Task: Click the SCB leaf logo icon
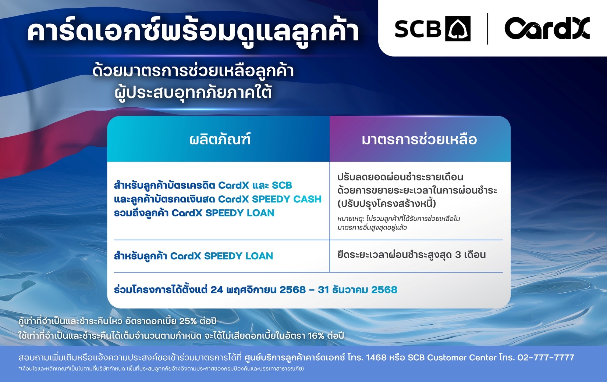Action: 458,29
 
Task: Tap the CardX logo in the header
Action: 547,28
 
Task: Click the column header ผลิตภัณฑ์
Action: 220,140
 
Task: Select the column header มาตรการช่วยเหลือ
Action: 419,140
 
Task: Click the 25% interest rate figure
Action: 188,321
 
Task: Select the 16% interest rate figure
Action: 316,336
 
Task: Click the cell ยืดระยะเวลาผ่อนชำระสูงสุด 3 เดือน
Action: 411,255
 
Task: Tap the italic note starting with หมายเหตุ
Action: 398,223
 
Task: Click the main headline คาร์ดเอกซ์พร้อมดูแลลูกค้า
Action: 193,32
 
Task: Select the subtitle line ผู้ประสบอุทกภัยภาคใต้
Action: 193,92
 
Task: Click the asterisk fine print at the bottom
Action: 161,368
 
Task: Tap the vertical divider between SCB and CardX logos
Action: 487,29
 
